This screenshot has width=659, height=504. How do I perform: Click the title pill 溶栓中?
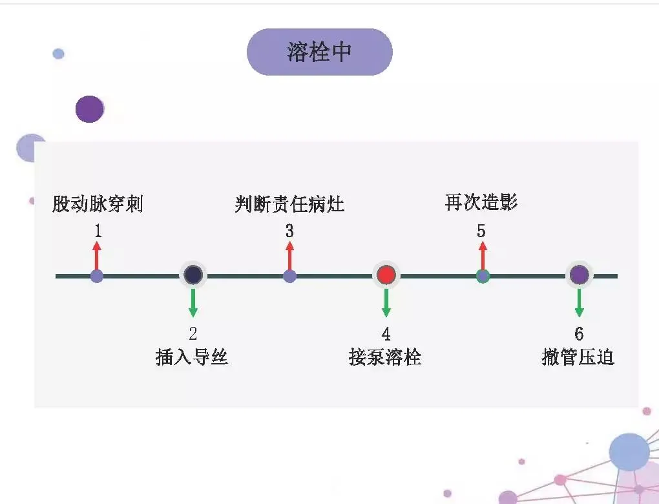[320, 52]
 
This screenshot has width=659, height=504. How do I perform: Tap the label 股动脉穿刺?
[98, 204]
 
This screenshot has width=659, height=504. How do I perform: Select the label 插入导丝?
[192, 357]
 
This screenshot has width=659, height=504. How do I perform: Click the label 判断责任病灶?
[289, 204]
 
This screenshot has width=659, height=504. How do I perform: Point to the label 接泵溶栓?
[385, 357]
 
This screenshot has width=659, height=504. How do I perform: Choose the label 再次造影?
[481, 202]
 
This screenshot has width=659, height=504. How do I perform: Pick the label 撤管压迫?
[578, 357]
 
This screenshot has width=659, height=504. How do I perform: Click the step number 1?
[98, 231]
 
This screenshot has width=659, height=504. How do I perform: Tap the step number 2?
[193, 334]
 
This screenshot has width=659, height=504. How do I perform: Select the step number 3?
[289, 231]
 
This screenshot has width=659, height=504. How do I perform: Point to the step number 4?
[386, 334]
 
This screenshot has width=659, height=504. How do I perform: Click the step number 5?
[481, 231]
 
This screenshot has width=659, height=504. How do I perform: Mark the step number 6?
[579, 334]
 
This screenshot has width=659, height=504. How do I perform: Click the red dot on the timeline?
[386, 275]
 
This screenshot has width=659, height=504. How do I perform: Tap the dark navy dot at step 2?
[193, 275]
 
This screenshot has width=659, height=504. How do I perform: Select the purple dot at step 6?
[579, 275]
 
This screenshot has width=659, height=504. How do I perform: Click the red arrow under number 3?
[289, 255]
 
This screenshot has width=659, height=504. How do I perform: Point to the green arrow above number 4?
[386, 302]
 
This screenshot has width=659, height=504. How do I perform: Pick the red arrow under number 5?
[481, 255]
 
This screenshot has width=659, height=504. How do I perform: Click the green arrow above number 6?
[579, 302]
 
